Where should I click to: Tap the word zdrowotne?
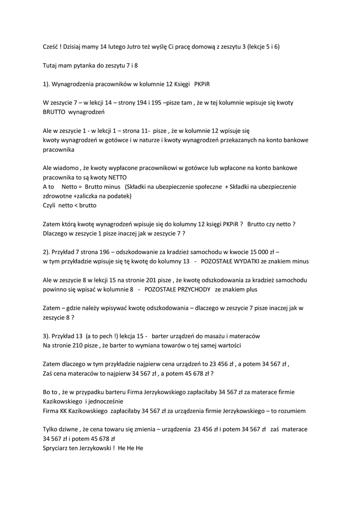[58, 196]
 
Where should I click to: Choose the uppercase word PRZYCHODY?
[187, 289]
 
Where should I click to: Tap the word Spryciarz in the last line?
[57, 448]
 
